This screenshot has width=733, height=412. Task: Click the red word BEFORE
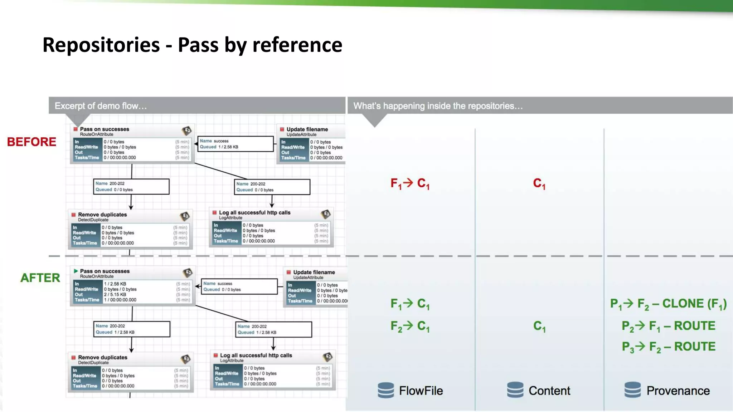31,142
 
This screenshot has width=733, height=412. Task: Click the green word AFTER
40,278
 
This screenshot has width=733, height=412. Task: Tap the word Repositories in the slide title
101,45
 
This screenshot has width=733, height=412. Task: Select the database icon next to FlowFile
385,390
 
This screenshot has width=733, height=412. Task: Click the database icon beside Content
515,390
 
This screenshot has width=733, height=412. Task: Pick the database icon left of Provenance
632,390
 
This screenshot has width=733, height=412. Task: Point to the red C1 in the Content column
539,183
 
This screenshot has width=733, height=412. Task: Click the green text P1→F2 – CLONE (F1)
668,304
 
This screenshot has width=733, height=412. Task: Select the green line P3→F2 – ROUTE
668,347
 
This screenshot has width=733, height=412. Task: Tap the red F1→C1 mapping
410,183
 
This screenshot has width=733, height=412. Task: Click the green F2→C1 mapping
410,326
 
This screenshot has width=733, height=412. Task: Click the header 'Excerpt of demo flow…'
101,106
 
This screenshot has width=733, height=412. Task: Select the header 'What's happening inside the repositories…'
438,106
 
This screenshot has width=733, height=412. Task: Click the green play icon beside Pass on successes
76,271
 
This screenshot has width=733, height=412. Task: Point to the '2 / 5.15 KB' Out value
115,295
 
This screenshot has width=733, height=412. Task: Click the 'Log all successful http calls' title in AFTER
256,355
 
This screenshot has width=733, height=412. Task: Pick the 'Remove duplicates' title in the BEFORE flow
102,215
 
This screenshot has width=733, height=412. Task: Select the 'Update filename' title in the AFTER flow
314,272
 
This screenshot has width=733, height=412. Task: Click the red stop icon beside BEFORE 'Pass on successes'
76,129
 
